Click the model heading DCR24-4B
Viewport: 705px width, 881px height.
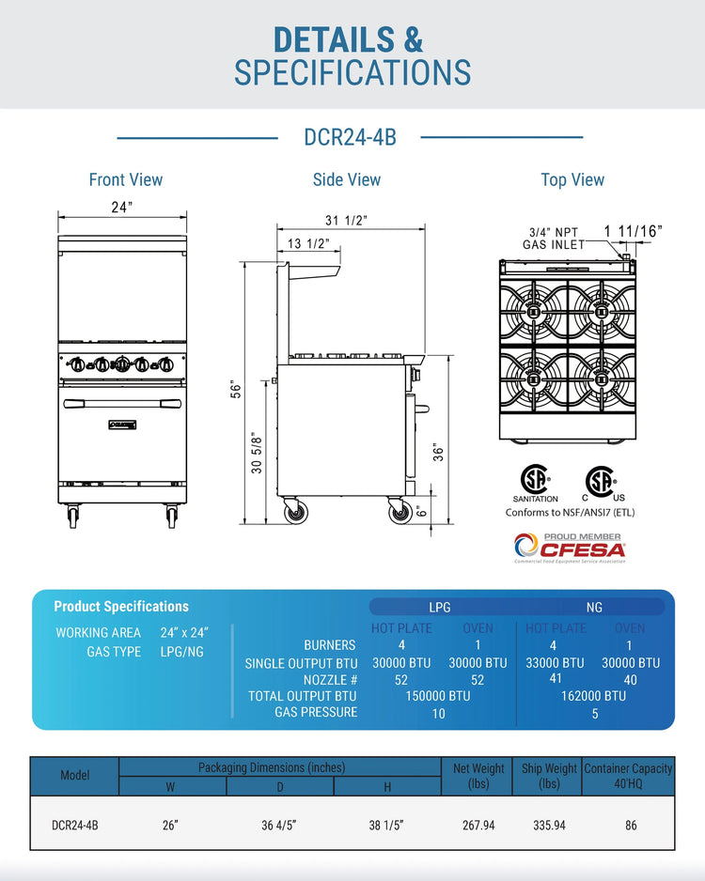(350, 138)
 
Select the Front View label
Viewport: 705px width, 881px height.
(125, 179)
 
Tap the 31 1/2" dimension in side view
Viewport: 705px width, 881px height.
(346, 221)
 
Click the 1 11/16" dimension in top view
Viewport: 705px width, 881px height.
(633, 230)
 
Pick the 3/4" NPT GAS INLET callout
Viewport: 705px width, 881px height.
(554, 239)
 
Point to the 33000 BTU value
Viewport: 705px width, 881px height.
(554, 662)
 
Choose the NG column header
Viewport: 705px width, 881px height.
(593, 608)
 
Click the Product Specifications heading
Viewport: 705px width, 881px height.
(121, 607)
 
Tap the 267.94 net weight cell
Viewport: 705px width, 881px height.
(478, 826)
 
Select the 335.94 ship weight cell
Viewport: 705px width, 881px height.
(548, 826)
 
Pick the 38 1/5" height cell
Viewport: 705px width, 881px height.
(386, 826)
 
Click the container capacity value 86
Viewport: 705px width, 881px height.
(630, 826)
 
